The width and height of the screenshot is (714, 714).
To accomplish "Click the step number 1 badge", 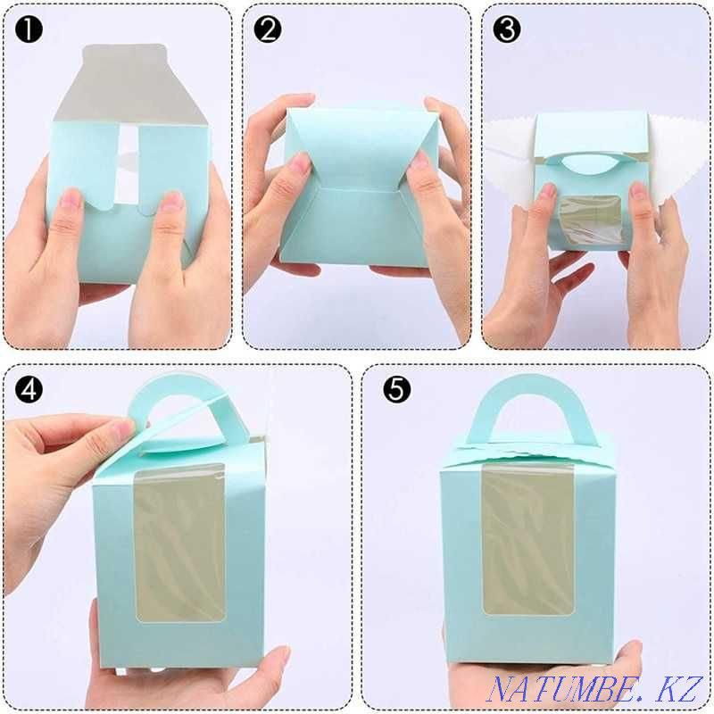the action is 29,30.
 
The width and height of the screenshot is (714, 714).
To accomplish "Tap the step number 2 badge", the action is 268,30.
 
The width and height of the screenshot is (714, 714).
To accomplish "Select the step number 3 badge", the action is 507,30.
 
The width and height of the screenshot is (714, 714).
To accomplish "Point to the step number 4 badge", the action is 29,390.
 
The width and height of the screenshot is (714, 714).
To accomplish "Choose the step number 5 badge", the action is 396,390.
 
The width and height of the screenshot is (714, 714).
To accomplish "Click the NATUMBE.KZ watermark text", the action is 595,689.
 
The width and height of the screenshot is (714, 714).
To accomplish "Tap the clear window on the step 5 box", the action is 527,540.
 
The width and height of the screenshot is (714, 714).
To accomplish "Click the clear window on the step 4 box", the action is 180,543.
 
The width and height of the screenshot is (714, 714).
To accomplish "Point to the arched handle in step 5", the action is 530,387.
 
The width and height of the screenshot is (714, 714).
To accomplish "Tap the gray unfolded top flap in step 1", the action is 130,82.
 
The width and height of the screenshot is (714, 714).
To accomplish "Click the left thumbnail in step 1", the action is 71,199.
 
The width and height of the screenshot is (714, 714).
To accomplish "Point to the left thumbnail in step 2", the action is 300,162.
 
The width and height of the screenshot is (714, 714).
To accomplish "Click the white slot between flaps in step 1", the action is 127,165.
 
